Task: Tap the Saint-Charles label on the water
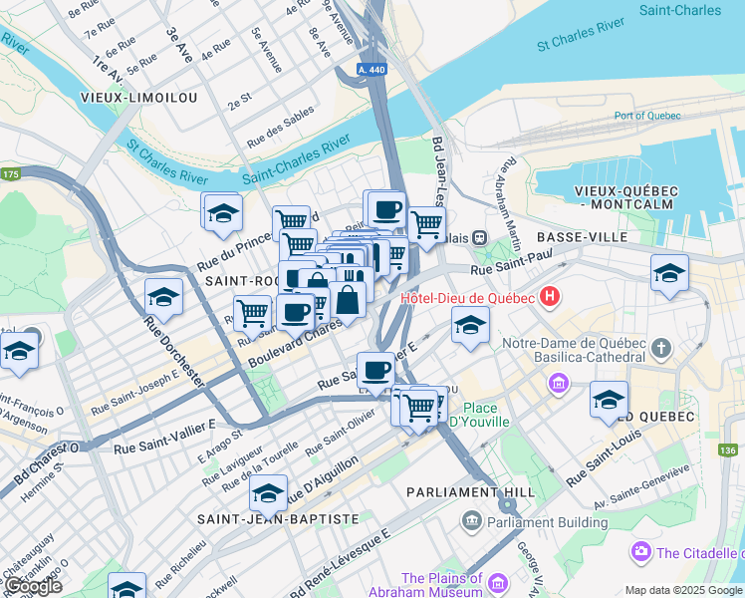pyautogui.click(x=679, y=11)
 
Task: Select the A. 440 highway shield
pyautogui.click(x=372, y=70)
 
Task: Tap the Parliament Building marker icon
pyautogui.click(x=470, y=521)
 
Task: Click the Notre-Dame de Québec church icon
pyautogui.click(x=661, y=348)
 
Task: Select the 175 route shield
pyautogui.click(x=11, y=174)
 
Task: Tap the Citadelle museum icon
pyautogui.click(x=639, y=551)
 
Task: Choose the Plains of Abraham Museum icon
pyautogui.click(x=470, y=579)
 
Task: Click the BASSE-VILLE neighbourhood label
pyautogui.click(x=582, y=237)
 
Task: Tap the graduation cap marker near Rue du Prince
pyautogui.click(x=223, y=212)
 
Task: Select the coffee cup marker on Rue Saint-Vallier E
pyautogui.click(x=375, y=370)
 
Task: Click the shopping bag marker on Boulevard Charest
pyautogui.click(x=349, y=299)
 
